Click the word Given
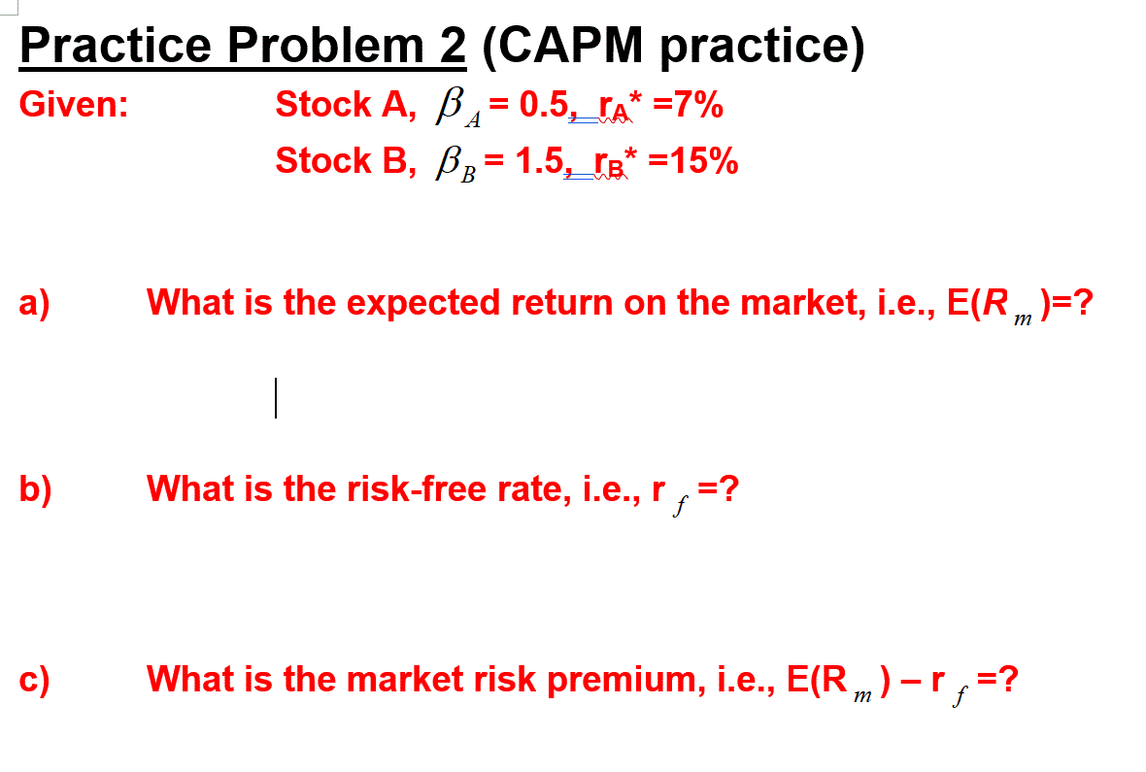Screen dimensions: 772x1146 [73, 105]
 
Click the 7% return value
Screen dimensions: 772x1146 [695, 104]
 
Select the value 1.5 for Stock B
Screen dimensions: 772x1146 [540, 160]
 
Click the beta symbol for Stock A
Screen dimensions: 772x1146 [448, 105]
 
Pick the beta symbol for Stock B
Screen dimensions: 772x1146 [448, 161]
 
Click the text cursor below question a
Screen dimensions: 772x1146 [276, 398]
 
